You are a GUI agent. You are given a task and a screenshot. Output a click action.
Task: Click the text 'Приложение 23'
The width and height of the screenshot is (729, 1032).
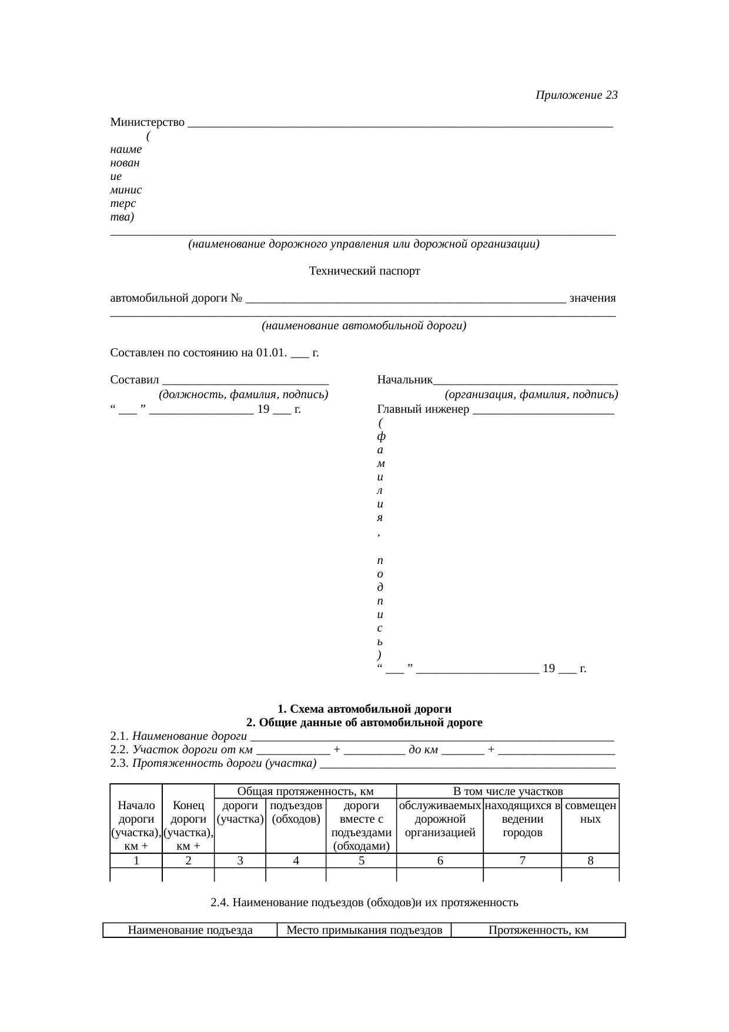pyautogui.click(x=576, y=95)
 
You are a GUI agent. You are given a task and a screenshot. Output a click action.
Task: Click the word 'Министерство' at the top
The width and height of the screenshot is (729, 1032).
pyautogui.click(x=148, y=122)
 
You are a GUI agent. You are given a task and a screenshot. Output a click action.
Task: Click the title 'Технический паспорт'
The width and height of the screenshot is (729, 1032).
pyautogui.click(x=364, y=271)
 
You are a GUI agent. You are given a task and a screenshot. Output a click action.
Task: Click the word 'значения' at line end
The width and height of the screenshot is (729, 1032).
pyautogui.click(x=593, y=298)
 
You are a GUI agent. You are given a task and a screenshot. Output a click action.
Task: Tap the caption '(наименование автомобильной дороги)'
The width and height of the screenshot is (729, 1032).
pyautogui.click(x=364, y=326)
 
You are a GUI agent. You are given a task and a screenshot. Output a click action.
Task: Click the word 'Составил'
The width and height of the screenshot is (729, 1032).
pyautogui.click(x=135, y=380)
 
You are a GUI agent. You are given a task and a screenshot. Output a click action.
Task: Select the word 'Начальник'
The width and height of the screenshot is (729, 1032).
pyautogui.click(x=405, y=380)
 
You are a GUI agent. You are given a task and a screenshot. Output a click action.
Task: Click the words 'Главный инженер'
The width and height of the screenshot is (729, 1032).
pyautogui.click(x=423, y=409)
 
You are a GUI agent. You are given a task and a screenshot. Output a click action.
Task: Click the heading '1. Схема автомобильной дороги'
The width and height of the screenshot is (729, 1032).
pyautogui.click(x=364, y=709)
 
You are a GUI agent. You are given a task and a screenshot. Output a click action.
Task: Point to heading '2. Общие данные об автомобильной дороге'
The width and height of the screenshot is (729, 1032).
pyautogui.click(x=364, y=722)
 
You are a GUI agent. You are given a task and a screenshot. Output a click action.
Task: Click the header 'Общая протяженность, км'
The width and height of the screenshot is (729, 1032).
pyautogui.click(x=306, y=791)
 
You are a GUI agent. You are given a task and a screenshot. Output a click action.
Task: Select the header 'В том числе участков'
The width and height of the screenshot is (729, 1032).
pyautogui.click(x=508, y=791)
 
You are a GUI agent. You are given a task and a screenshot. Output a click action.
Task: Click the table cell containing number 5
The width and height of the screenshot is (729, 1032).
pyautogui.click(x=362, y=861)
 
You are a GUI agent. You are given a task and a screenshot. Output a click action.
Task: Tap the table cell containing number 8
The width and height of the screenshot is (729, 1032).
pyautogui.click(x=590, y=861)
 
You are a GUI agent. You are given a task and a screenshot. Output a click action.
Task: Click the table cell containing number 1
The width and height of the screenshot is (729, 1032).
pyautogui.click(x=136, y=861)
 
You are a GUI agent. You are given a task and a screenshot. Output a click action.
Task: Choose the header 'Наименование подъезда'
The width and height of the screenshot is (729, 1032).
pyautogui.click(x=190, y=930)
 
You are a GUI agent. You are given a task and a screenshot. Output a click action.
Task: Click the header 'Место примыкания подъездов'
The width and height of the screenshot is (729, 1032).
pyautogui.click(x=364, y=930)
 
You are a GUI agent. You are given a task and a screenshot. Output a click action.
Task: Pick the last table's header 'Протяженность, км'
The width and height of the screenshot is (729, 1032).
pyautogui.click(x=539, y=930)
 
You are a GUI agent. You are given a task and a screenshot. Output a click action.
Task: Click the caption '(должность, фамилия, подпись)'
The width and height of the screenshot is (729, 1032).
pyautogui.click(x=243, y=394)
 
